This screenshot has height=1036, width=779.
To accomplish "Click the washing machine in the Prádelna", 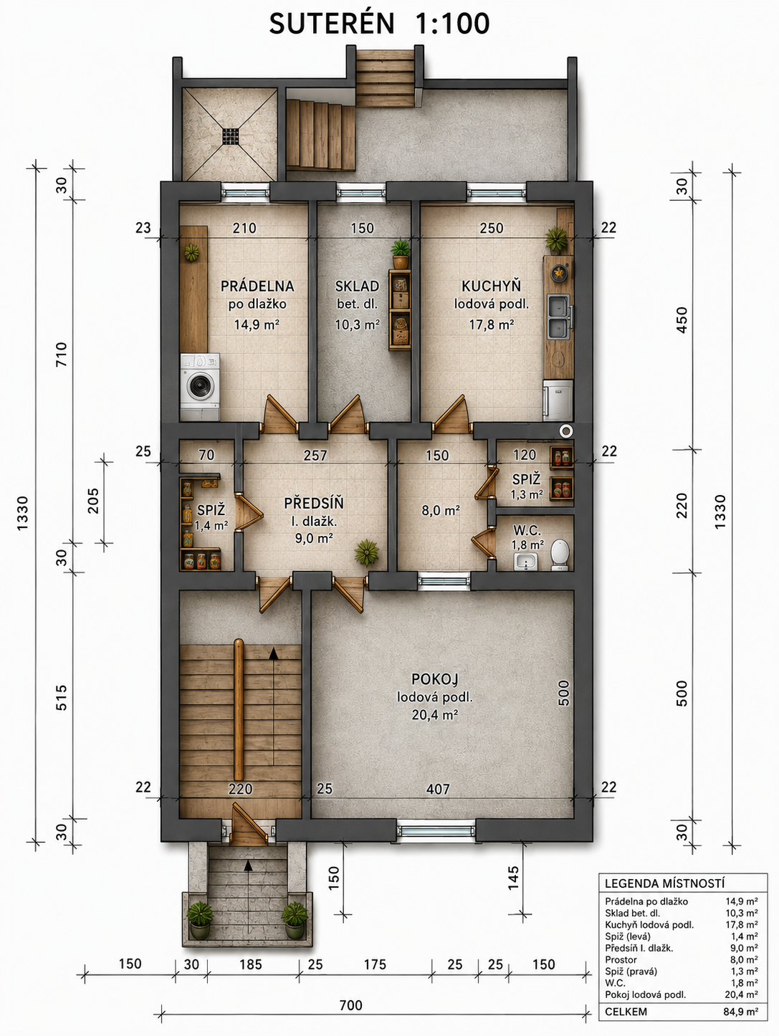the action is [200, 387].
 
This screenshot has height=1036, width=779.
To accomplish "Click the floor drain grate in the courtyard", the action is [231, 136].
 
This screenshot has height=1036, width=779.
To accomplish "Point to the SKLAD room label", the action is [357, 286].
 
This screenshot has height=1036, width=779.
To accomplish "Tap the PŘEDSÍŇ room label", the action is [314, 503].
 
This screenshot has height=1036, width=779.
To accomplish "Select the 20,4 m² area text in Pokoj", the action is [435, 714].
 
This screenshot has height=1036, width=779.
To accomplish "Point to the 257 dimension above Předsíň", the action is [315, 455].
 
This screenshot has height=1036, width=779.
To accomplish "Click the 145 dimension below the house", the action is [514, 878].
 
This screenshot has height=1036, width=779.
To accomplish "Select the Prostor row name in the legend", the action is [621, 959].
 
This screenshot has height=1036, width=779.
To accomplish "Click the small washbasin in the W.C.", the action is [525, 562].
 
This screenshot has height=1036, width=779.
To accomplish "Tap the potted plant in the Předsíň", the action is [367, 552].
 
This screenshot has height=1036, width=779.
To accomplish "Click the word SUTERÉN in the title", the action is [331, 23].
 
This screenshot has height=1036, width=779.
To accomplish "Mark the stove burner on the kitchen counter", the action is [560, 273].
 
